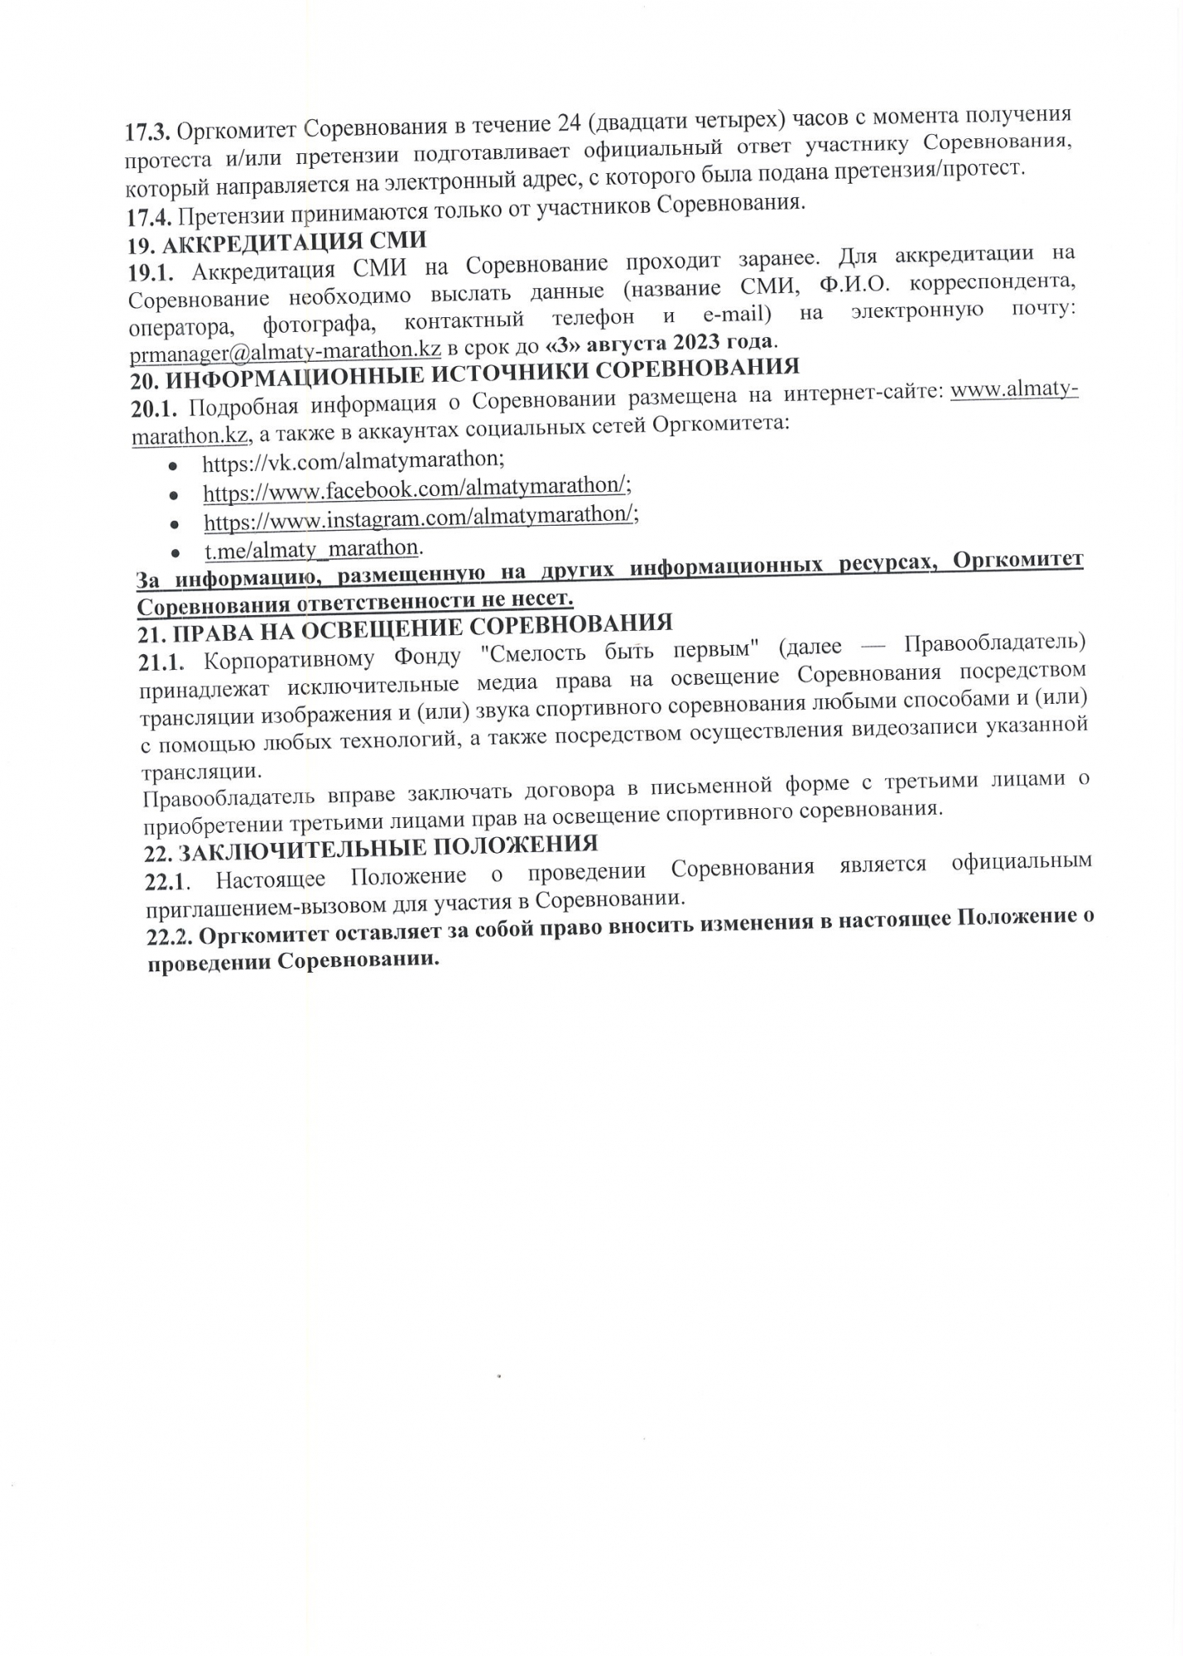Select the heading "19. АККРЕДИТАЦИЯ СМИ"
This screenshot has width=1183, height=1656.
coord(277,243)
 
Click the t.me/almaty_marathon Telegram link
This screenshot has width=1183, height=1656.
coord(311,548)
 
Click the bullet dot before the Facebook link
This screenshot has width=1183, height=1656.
coord(173,495)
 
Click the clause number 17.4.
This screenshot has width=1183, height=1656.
coord(149,217)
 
